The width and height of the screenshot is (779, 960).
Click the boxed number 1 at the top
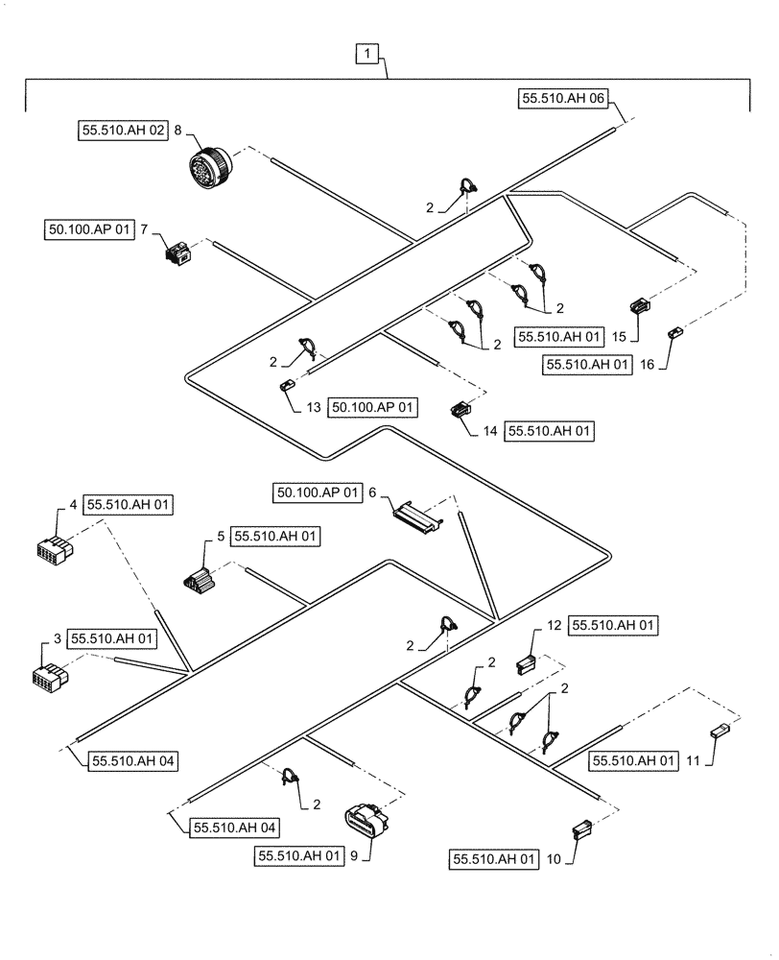click(x=370, y=56)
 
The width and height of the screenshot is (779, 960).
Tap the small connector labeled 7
click(x=177, y=252)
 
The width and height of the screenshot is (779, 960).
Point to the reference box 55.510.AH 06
click(x=563, y=98)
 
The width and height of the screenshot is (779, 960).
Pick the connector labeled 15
click(x=640, y=306)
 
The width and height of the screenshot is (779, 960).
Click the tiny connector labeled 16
click(x=674, y=332)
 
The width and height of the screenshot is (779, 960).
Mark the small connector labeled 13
click(x=286, y=385)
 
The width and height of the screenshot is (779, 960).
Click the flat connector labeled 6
click(x=418, y=516)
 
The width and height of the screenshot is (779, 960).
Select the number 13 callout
click(x=314, y=407)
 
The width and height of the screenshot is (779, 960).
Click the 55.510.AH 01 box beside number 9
click(x=299, y=855)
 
